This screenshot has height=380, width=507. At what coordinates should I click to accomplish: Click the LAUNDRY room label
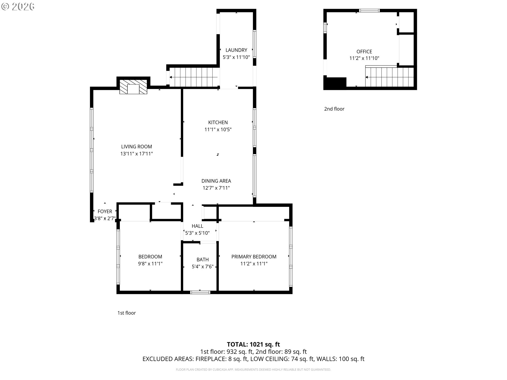coord(236,50)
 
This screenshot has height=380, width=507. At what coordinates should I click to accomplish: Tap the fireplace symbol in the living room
coord(133,87)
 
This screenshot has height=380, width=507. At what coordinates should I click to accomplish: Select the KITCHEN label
coord(218,122)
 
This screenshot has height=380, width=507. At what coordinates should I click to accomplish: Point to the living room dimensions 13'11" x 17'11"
coord(137,154)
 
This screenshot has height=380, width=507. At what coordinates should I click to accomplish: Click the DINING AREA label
coord(216,181)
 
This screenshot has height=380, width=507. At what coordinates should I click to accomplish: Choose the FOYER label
coord(105,211)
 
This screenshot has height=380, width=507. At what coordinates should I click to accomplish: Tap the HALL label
coord(198,226)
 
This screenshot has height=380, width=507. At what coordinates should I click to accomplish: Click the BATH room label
coord(203,260)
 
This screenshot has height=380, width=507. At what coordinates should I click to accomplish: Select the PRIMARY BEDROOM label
coord(254,257)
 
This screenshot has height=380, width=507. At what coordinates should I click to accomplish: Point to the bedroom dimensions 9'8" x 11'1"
coord(150,264)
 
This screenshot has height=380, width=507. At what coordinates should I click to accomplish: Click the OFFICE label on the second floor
coord(364,52)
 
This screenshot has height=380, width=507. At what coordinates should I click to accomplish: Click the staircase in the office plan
coord(389,77)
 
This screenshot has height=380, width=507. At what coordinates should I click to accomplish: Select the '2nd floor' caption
coord(334,109)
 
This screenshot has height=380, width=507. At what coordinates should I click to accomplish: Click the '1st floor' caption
coord(126,313)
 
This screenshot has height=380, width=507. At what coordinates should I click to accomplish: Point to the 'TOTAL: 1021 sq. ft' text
coord(253,344)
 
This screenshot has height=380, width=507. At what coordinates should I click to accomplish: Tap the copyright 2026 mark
coord(18,7)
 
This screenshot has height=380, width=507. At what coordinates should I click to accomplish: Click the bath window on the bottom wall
coord(200,292)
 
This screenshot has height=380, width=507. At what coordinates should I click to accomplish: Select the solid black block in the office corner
coord(335,83)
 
